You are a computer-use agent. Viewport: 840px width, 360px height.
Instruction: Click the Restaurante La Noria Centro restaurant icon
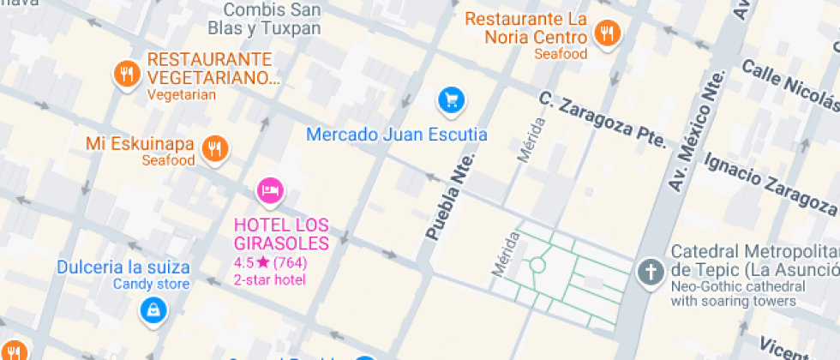609,34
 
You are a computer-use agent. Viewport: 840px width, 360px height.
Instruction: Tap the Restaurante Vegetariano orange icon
126,74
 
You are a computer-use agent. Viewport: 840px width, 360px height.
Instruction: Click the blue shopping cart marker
451,100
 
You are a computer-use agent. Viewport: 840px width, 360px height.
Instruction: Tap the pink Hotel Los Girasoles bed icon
271,190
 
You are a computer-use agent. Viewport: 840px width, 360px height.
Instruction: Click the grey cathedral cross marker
651,273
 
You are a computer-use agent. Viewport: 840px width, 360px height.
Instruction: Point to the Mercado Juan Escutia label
397,135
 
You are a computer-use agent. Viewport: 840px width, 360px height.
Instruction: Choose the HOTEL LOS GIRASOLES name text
281,233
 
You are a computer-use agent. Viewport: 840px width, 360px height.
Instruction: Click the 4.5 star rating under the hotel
270,263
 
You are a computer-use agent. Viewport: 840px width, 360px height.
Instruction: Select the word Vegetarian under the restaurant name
182,95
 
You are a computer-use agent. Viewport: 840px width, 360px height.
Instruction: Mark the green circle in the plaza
537,266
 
